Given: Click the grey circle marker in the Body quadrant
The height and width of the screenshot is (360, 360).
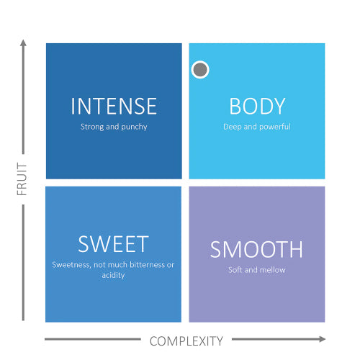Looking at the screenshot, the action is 200,70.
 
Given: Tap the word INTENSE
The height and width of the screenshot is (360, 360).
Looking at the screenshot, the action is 114,106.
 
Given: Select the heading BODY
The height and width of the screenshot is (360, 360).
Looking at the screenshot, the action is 257,106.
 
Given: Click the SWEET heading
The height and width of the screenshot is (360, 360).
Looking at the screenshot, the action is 113,244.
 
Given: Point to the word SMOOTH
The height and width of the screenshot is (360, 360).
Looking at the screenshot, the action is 256,249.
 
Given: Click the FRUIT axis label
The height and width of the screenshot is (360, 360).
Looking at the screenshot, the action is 22,179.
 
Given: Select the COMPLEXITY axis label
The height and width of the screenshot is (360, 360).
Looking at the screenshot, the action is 186,341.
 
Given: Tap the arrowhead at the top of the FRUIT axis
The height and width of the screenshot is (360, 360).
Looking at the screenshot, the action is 23,43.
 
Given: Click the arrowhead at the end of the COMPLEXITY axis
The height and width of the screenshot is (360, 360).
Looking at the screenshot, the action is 323,339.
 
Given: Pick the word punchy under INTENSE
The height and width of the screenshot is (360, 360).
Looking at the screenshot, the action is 134,127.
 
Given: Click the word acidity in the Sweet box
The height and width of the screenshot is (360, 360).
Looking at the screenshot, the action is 113,275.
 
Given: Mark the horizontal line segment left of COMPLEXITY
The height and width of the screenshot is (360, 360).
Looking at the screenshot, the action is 93,339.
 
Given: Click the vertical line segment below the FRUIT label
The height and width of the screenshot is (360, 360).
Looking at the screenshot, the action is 23,263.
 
